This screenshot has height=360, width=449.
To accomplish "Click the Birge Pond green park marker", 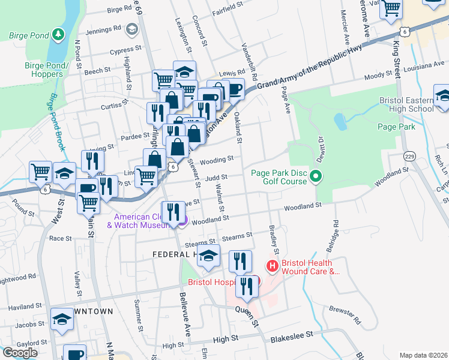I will tap(58, 34).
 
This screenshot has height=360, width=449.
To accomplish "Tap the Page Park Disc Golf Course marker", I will tap(317, 176).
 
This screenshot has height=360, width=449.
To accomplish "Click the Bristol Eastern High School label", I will tap(406, 104).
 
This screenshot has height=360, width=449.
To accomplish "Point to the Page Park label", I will tap(396, 127).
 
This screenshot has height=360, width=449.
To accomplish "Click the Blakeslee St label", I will tap(292, 338).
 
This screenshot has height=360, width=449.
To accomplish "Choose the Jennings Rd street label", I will tap(103, 29).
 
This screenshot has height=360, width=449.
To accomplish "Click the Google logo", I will tap(20, 352).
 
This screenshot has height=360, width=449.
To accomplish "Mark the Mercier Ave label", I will tap(345, 25).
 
